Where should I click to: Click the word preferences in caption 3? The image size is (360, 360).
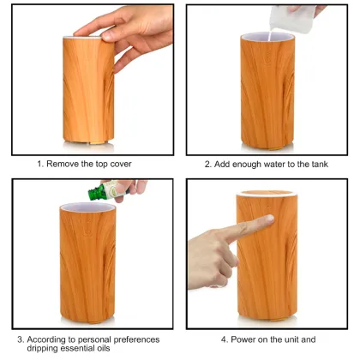136,339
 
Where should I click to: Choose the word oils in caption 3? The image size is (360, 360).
103,350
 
